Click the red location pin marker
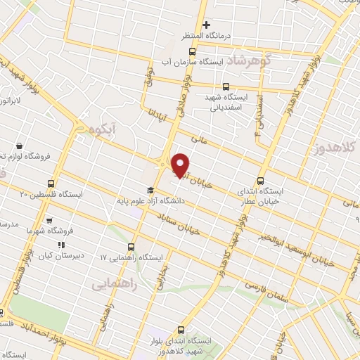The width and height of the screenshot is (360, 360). (181, 165)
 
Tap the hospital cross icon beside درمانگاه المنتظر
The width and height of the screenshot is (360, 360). (206, 25)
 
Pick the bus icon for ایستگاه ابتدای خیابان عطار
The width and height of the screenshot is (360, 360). (261, 181)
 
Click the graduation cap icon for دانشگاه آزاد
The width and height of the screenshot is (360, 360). (149, 191)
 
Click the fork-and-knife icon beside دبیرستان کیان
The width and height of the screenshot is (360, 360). (62, 245)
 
